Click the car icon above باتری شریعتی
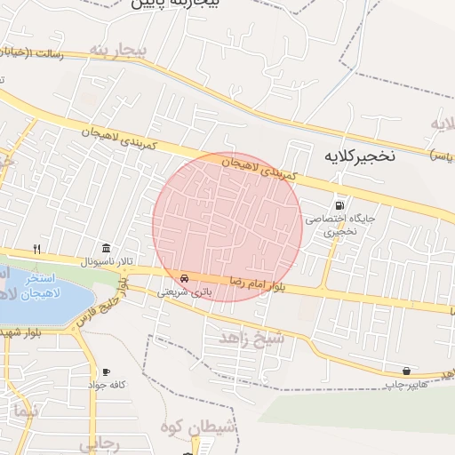click(184, 276)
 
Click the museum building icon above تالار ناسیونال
click(107, 247)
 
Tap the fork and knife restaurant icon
click(36, 249)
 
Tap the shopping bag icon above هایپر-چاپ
click(406, 371)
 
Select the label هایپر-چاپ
click(403, 385)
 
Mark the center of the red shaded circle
click(227, 227)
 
